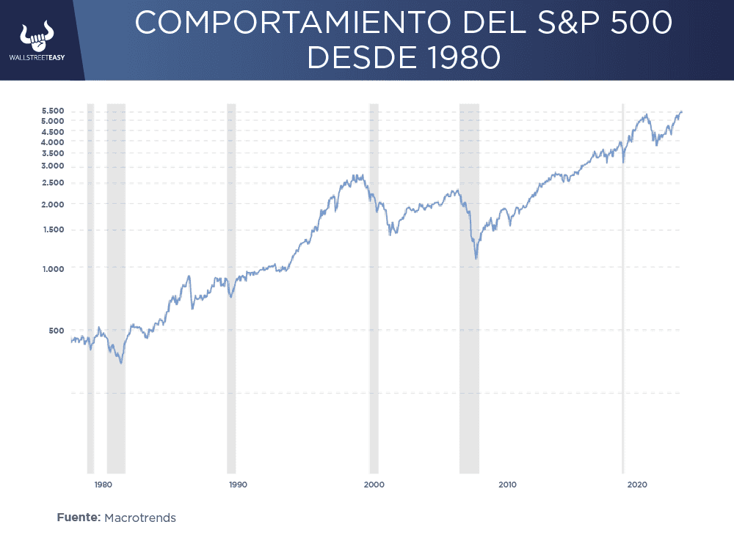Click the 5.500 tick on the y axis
tap(53, 111)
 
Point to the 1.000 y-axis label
tap(53, 268)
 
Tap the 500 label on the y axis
tap(57, 331)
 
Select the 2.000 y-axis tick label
tap(53, 205)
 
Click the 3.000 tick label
tap(53, 166)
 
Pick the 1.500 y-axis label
tap(53, 230)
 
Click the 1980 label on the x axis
tap(103, 485)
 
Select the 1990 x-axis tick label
tap(237, 485)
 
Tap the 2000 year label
tap(374, 485)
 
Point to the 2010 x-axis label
tap(507, 485)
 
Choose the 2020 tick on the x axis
tap(637, 485)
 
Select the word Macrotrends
tap(140, 518)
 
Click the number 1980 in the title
tap(459, 57)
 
